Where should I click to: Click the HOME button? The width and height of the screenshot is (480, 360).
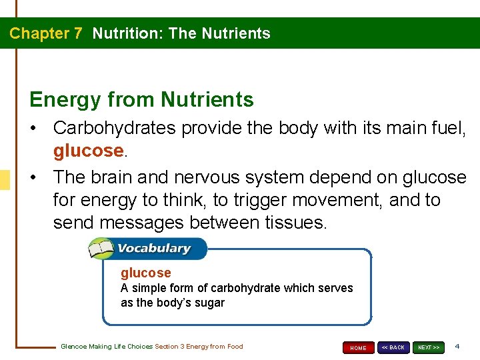[359, 348]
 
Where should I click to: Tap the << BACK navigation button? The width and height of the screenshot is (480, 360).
[393, 347]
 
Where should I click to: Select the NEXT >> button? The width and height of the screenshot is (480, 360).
[428, 347]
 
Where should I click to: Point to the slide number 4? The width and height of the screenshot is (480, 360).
[457, 347]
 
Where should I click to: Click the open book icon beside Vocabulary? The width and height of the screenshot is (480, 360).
[102, 249]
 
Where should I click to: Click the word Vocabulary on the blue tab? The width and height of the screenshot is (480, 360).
[154, 249]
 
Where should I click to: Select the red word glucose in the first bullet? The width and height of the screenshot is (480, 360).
[88, 151]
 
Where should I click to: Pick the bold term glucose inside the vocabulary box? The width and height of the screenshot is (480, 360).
[145, 273]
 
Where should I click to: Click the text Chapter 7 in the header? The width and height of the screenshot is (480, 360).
[46, 33]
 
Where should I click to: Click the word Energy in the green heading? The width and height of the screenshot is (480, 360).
[64, 99]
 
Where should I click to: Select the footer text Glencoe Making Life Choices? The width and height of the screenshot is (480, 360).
[107, 347]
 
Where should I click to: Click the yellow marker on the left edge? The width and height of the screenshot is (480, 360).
[5, 180]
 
